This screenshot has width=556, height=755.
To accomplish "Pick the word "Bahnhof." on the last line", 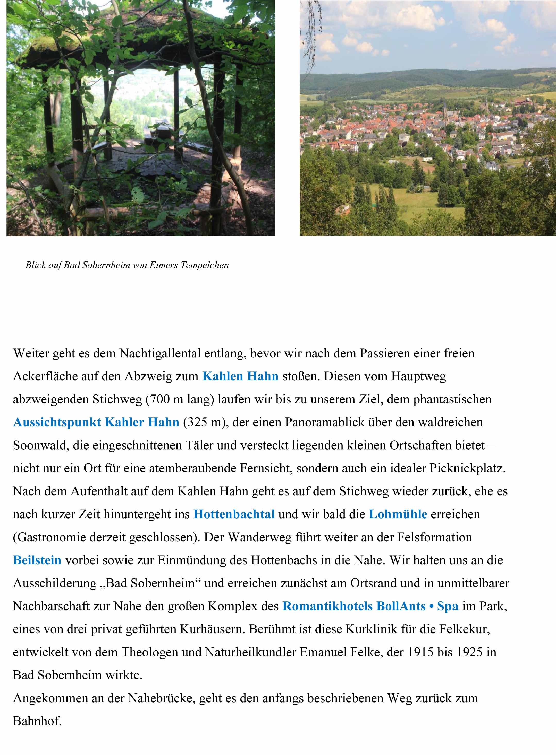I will (37, 721).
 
